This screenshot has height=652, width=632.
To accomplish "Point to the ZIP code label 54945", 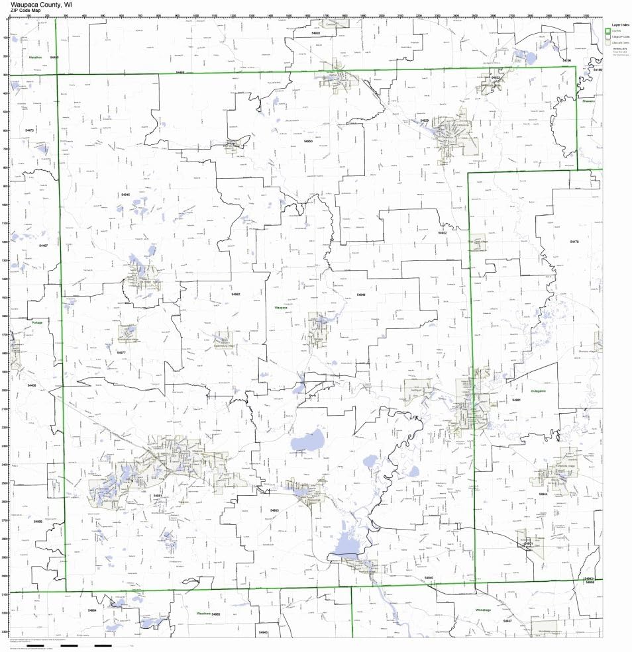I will tap(126, 195).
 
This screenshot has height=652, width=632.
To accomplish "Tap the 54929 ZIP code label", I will tap(425, 120).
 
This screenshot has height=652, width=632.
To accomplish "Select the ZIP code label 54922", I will tap(443, 233).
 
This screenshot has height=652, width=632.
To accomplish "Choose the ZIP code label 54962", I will tap(236, 294).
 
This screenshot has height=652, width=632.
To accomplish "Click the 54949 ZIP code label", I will tap(360, 295).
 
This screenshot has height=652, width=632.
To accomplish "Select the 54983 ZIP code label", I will tap(274, 510).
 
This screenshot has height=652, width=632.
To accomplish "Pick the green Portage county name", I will tap(37, 322).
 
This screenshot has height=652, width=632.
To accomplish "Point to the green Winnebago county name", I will tap(485, 610).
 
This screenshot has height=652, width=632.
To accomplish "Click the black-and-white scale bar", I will tap(86, 645).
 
